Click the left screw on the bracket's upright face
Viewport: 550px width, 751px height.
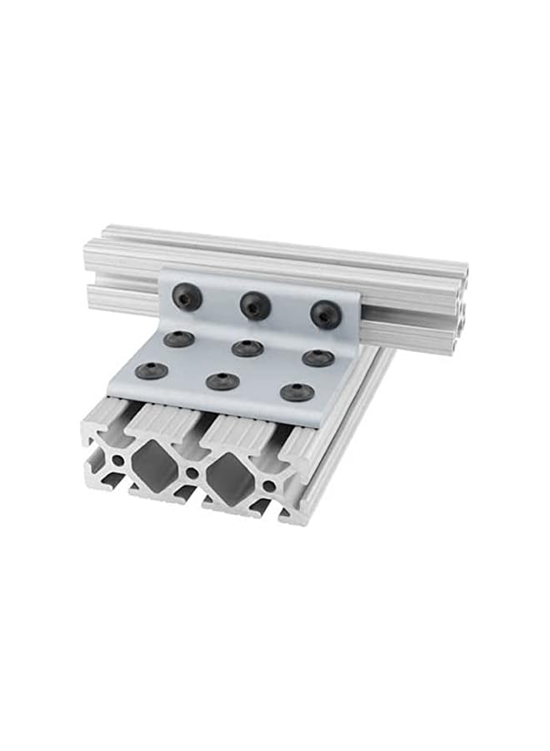tap(186, 296)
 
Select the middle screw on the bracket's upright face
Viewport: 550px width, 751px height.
tap(255, 305)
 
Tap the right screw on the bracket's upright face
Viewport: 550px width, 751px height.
tap(326, 314)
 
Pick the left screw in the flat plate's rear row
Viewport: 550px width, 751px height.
tap(179, 339)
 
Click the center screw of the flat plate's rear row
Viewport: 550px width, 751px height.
tap(247, 348)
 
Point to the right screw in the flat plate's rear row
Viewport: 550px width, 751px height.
tap(318, 358)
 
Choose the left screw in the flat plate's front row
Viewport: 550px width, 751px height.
tap(152, 370)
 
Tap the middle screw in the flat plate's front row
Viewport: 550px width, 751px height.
tap(222, 381)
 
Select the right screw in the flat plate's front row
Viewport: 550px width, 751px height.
tap(297, 391)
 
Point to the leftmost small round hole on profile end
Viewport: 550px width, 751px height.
tap(118, 460)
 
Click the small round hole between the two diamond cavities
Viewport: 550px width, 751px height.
tap(192, 472)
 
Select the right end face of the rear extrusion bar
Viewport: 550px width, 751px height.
tap(459, 313)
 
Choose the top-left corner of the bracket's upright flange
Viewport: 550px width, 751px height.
tap(162, 270)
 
